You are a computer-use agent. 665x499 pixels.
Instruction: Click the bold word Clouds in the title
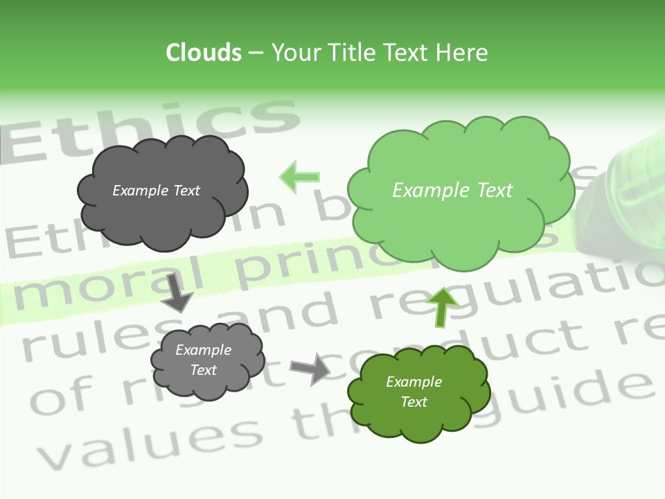tap(203, 53)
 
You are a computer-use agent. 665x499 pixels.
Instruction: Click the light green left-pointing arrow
tap(299, 177)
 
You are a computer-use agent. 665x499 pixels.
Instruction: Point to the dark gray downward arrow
tap(177, 292)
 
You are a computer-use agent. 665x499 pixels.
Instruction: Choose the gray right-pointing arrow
tap(310, 368)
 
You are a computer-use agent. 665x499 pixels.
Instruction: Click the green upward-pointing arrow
tap(442, 306)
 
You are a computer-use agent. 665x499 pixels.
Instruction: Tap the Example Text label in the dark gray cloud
tap(156, 191)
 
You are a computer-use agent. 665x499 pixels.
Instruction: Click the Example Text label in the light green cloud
tap(452, 191)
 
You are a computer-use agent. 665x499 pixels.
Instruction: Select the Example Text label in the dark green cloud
tap(414, 392)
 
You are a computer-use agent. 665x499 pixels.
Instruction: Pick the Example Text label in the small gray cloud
tap(203, 360)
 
